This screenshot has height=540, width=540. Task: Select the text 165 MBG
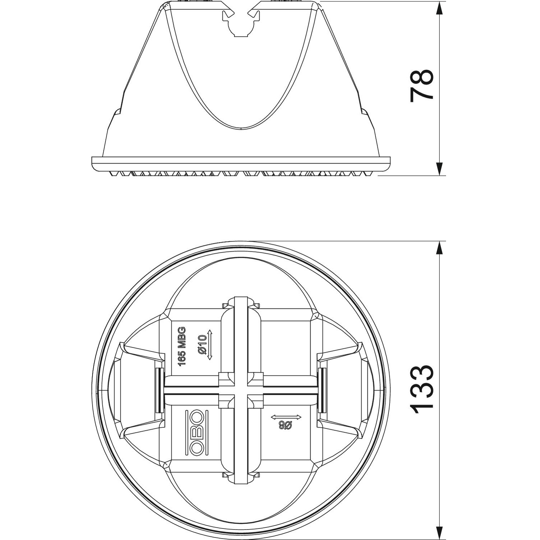182,346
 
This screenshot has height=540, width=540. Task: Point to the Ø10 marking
202,345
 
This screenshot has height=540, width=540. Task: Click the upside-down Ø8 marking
286,426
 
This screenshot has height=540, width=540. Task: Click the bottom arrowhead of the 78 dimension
439,169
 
